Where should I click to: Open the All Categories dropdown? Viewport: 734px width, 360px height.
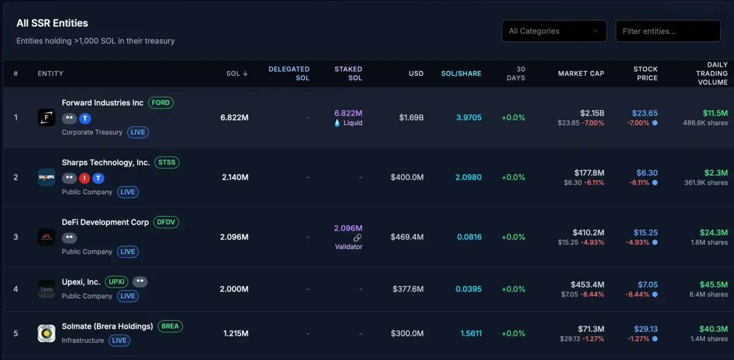(x=553, y=31)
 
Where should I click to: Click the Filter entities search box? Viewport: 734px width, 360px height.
(x=667, y=31)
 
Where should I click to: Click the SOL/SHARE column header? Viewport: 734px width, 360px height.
(x=461, y=73)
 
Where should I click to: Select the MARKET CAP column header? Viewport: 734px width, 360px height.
(x=580, y=73)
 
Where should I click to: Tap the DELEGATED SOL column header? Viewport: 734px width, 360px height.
(x=289, y=73)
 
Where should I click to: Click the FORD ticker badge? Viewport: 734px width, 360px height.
(x=160, y=103)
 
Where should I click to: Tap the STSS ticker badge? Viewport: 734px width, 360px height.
(x=167, y=163)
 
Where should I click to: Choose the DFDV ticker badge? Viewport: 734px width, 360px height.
(x=166, y=222)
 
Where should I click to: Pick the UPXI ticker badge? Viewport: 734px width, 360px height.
(x=116, y=282)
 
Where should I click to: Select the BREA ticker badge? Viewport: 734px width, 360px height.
(x=170, y=326)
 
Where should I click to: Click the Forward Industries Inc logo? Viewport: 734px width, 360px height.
(x=47, y=118)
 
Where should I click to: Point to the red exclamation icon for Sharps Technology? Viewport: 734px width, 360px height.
(x=84, y=178)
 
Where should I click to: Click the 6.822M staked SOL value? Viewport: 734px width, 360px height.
(x=348, y=113)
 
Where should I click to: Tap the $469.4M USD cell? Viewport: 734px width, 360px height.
(x=407, y=237)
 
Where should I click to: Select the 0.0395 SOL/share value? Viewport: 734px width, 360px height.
(x=468, y=289)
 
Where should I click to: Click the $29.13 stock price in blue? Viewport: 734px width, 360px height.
(x=646, y=329)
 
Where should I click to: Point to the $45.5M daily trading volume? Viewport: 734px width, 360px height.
(x=714, y=285)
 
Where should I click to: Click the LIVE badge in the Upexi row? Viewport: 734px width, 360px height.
(x=127, y=296)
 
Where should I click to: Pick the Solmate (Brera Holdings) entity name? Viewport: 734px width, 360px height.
(x=107, y=326)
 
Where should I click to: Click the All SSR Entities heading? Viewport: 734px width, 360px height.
(x=52, y=23)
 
